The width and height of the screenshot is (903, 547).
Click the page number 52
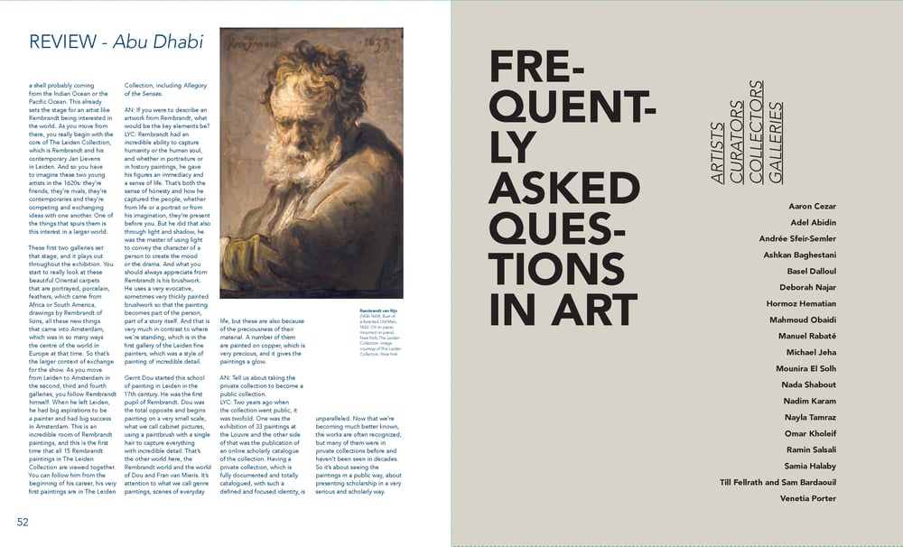pos(23,521)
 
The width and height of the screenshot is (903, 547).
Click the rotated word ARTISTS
pos(718,153)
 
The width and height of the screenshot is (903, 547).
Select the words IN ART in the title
pos(563,307)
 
